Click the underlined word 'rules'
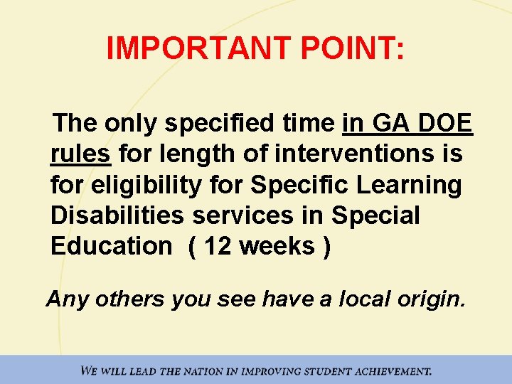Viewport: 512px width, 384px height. click(x=80, y=154)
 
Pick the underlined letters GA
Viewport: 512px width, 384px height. click(x=387, y=124)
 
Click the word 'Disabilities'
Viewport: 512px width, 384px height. click(x=122, y=215)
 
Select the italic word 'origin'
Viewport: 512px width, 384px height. click(x=431, y=299)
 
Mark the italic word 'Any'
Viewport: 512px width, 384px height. click(x=68, y=299)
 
